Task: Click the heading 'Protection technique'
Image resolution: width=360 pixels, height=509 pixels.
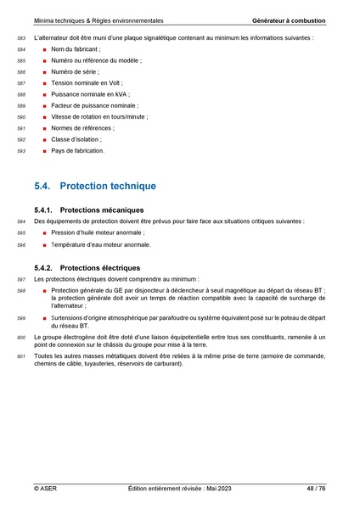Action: point(109,185)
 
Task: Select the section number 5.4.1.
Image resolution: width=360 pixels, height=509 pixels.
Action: point(45,210)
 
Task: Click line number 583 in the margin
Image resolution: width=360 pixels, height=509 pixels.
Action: point(21,39)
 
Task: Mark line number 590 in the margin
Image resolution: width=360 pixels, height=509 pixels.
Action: point(21,117)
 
